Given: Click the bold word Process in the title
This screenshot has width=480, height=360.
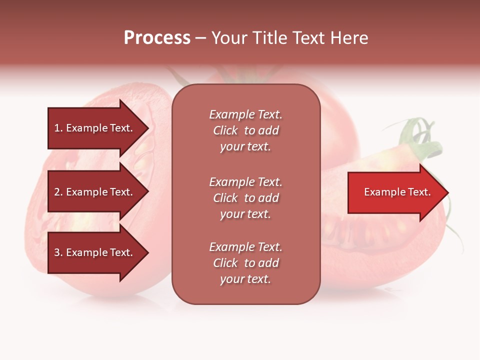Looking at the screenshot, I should coord(157,38).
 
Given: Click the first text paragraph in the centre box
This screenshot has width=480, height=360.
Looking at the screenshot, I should coord(245,130).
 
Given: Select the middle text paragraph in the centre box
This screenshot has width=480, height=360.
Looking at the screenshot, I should coord(245,198).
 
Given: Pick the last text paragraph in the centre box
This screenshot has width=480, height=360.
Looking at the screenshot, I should coord(245,263).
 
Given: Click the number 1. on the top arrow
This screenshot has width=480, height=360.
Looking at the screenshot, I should coord(58,128).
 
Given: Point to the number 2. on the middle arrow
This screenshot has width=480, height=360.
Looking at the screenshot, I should coord(58,192).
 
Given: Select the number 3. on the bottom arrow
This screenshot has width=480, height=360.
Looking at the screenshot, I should coord(58,252).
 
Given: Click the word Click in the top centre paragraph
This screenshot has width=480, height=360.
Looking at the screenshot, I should coord(225,130).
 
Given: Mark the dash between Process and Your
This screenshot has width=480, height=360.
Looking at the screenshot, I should coord(200,38).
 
